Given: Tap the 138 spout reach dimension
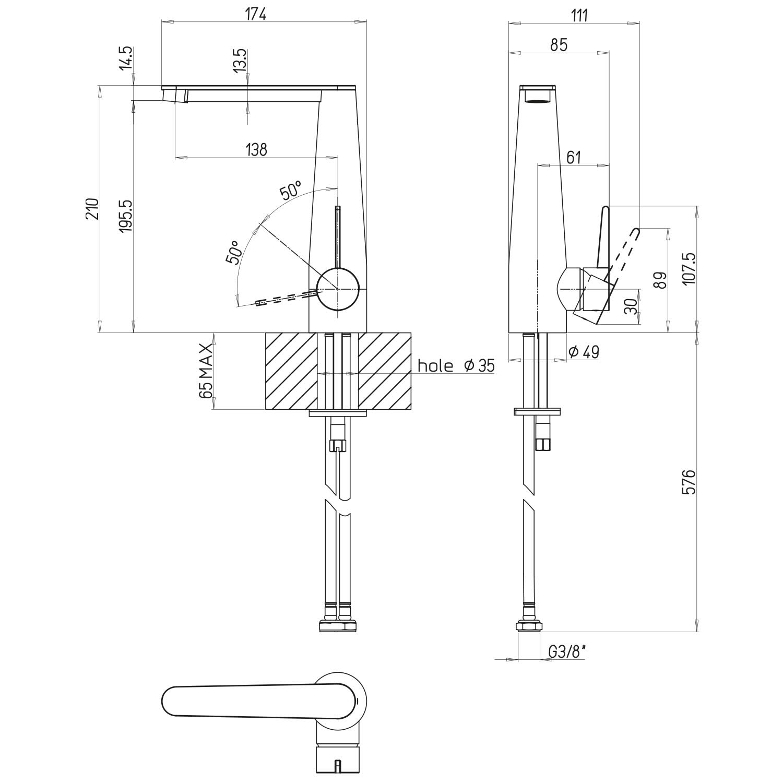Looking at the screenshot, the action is (x=256, y=150).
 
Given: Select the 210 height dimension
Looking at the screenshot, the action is (x=92, y=209).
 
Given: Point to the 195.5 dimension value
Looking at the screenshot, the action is (x=126, y=216).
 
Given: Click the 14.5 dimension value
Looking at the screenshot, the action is (x=126, y=58).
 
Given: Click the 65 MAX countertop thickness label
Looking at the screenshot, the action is (x=206, y=371).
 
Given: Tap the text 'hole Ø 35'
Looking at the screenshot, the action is (x=456, y=365).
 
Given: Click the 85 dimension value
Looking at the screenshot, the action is (x=559, y=45).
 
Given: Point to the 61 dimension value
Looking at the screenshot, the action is (x=573, y=157).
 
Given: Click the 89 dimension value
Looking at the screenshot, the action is (x=660, y=280).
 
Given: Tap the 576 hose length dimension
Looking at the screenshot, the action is (x=689, y=482).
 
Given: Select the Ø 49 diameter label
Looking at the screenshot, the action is (x=583, y=352).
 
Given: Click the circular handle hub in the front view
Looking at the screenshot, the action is (x=338, y=289).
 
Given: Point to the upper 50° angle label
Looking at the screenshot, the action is (x=291, y=191).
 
